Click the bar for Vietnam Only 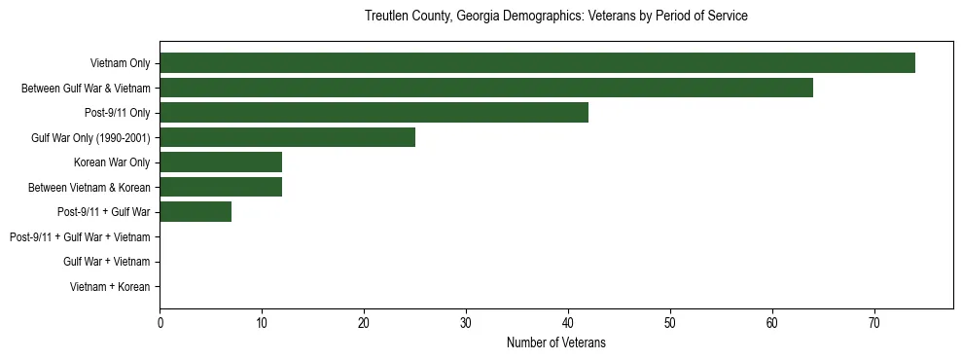(537, 63)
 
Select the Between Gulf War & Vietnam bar (486, 89)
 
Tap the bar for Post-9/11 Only (374, 113)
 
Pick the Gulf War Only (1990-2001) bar (287, 137)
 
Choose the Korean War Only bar (221, 162)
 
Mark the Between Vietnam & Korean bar (221, 187)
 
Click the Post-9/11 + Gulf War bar (196, 211)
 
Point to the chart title (555, 17)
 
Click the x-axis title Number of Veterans (555, 342)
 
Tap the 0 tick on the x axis (160, 324)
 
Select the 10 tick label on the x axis (262, 324)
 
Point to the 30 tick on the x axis (466, 324)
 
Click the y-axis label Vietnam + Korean (110, 286)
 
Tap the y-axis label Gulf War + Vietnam (106, 262)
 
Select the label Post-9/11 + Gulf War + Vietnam (80, 236)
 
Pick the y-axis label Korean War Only (112, 162)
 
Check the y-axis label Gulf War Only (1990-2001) (90, 137)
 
